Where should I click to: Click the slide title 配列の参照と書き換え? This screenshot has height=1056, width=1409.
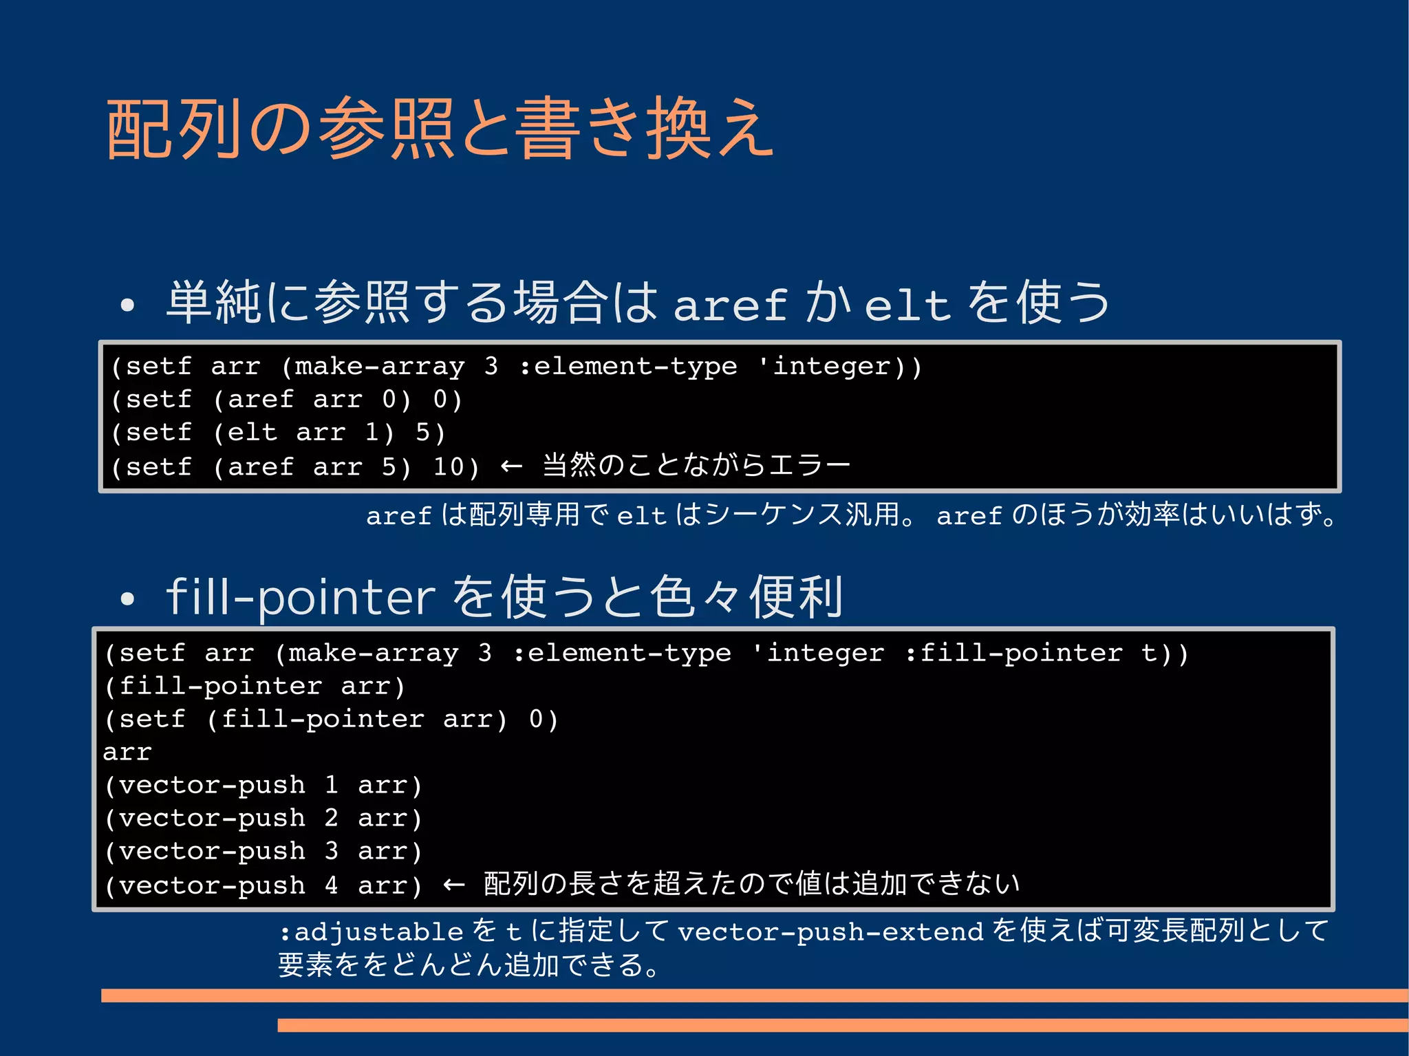click(440, 129)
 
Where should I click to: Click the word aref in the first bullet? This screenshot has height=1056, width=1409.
click(729, 305)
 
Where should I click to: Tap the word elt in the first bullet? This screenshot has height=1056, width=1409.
click(907, 305)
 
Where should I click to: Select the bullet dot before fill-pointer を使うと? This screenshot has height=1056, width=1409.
click(127, 599)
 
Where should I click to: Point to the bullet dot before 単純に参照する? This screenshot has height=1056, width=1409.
click(127, 305)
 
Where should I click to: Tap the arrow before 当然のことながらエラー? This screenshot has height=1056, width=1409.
click(511, 466)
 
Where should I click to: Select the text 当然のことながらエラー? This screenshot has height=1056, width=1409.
click(696, 466)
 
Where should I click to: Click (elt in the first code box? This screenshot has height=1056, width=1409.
click(245, 433)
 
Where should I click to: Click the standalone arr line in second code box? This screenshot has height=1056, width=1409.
click(127, 752)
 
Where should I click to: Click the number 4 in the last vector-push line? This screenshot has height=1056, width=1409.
click(332, 885)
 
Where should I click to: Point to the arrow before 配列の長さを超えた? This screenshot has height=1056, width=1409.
click(453, 885)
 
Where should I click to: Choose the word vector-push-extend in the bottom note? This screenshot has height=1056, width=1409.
click(830, 931)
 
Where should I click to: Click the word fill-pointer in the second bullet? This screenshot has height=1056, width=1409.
click(301, 597)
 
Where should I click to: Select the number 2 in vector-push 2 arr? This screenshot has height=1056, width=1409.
click(332, 818)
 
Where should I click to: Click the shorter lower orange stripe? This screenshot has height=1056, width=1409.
click(843, 1025)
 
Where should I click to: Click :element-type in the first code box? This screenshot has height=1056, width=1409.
click(628, 366)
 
